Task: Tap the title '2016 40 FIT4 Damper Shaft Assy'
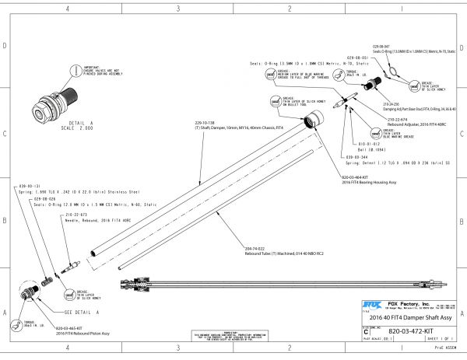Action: point(412,319)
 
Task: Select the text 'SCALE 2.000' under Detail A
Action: point(58,128)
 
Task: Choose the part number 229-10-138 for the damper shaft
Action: point(205,123)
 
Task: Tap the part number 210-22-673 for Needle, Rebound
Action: point(75,214)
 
